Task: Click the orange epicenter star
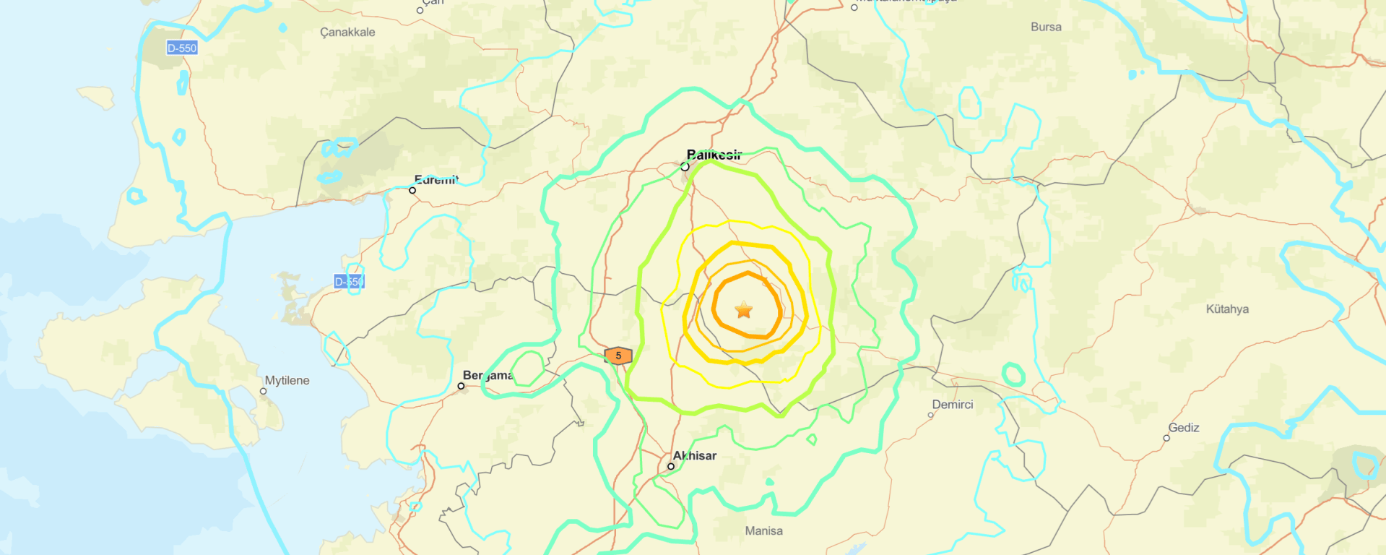pyautogui.click(x=744, y=310)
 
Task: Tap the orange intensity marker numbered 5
pyautogui.click(x=618, y=356)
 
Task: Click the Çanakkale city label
pyautogui.click(x=347, y=33)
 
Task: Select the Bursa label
pyautogui.click(x=1046, y=27)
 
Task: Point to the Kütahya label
pyautogui.click(x=1227, y=309)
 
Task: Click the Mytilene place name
pyautogui.click(x=287, y=381)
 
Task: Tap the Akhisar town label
pyautogui.click(x=695, y=456)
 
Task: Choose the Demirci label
pyautogui.click(x=953, y=405)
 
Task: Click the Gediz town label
pyautogui.click(x=1184, y=428)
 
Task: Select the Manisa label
pyautogui.click(x=763, y=531)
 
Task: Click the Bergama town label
pyautogui.click(x=488, y=376)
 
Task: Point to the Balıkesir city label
pyautogui.click(x=714, y=155)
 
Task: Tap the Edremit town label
pyautogui.click(x=436, y=180)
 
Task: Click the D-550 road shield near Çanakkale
pyautogui.click(x=181, y=48)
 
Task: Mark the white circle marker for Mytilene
pyautogui.click(x=264, y=391)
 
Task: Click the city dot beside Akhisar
pyautogui.click(x=671, y=466)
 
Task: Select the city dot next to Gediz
pyautogui.click(x=1166, y=438)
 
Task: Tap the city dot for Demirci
pyautogui.click(x=930, y=415)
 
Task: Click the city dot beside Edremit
pyautogui.click(x=412, y=190)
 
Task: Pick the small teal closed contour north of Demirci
pyautogui.click(x=1014, y=374)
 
